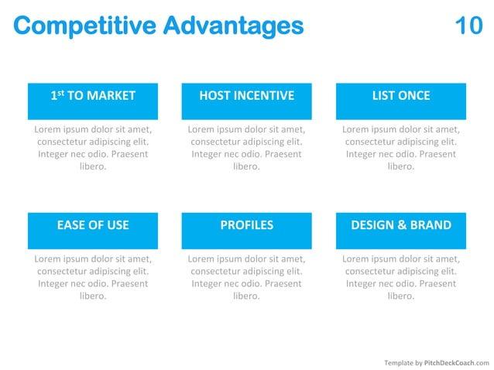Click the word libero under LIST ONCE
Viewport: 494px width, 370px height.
pyautogui.click(x=400, y=166)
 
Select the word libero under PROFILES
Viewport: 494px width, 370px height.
pyautogui.click(x=246, y=296)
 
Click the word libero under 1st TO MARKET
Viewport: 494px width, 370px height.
pyautogui.click(x=93, y=166)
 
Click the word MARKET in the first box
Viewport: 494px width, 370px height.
pyautogui.click(x=112, y=96)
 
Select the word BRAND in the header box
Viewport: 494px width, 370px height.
pyautogui.click(x=431, y=225)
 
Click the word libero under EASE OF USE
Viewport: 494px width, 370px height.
pyautogui.click(x=93, y=296)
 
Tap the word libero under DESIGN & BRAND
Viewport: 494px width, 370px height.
pyautogui.click(x=400, y=296)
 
